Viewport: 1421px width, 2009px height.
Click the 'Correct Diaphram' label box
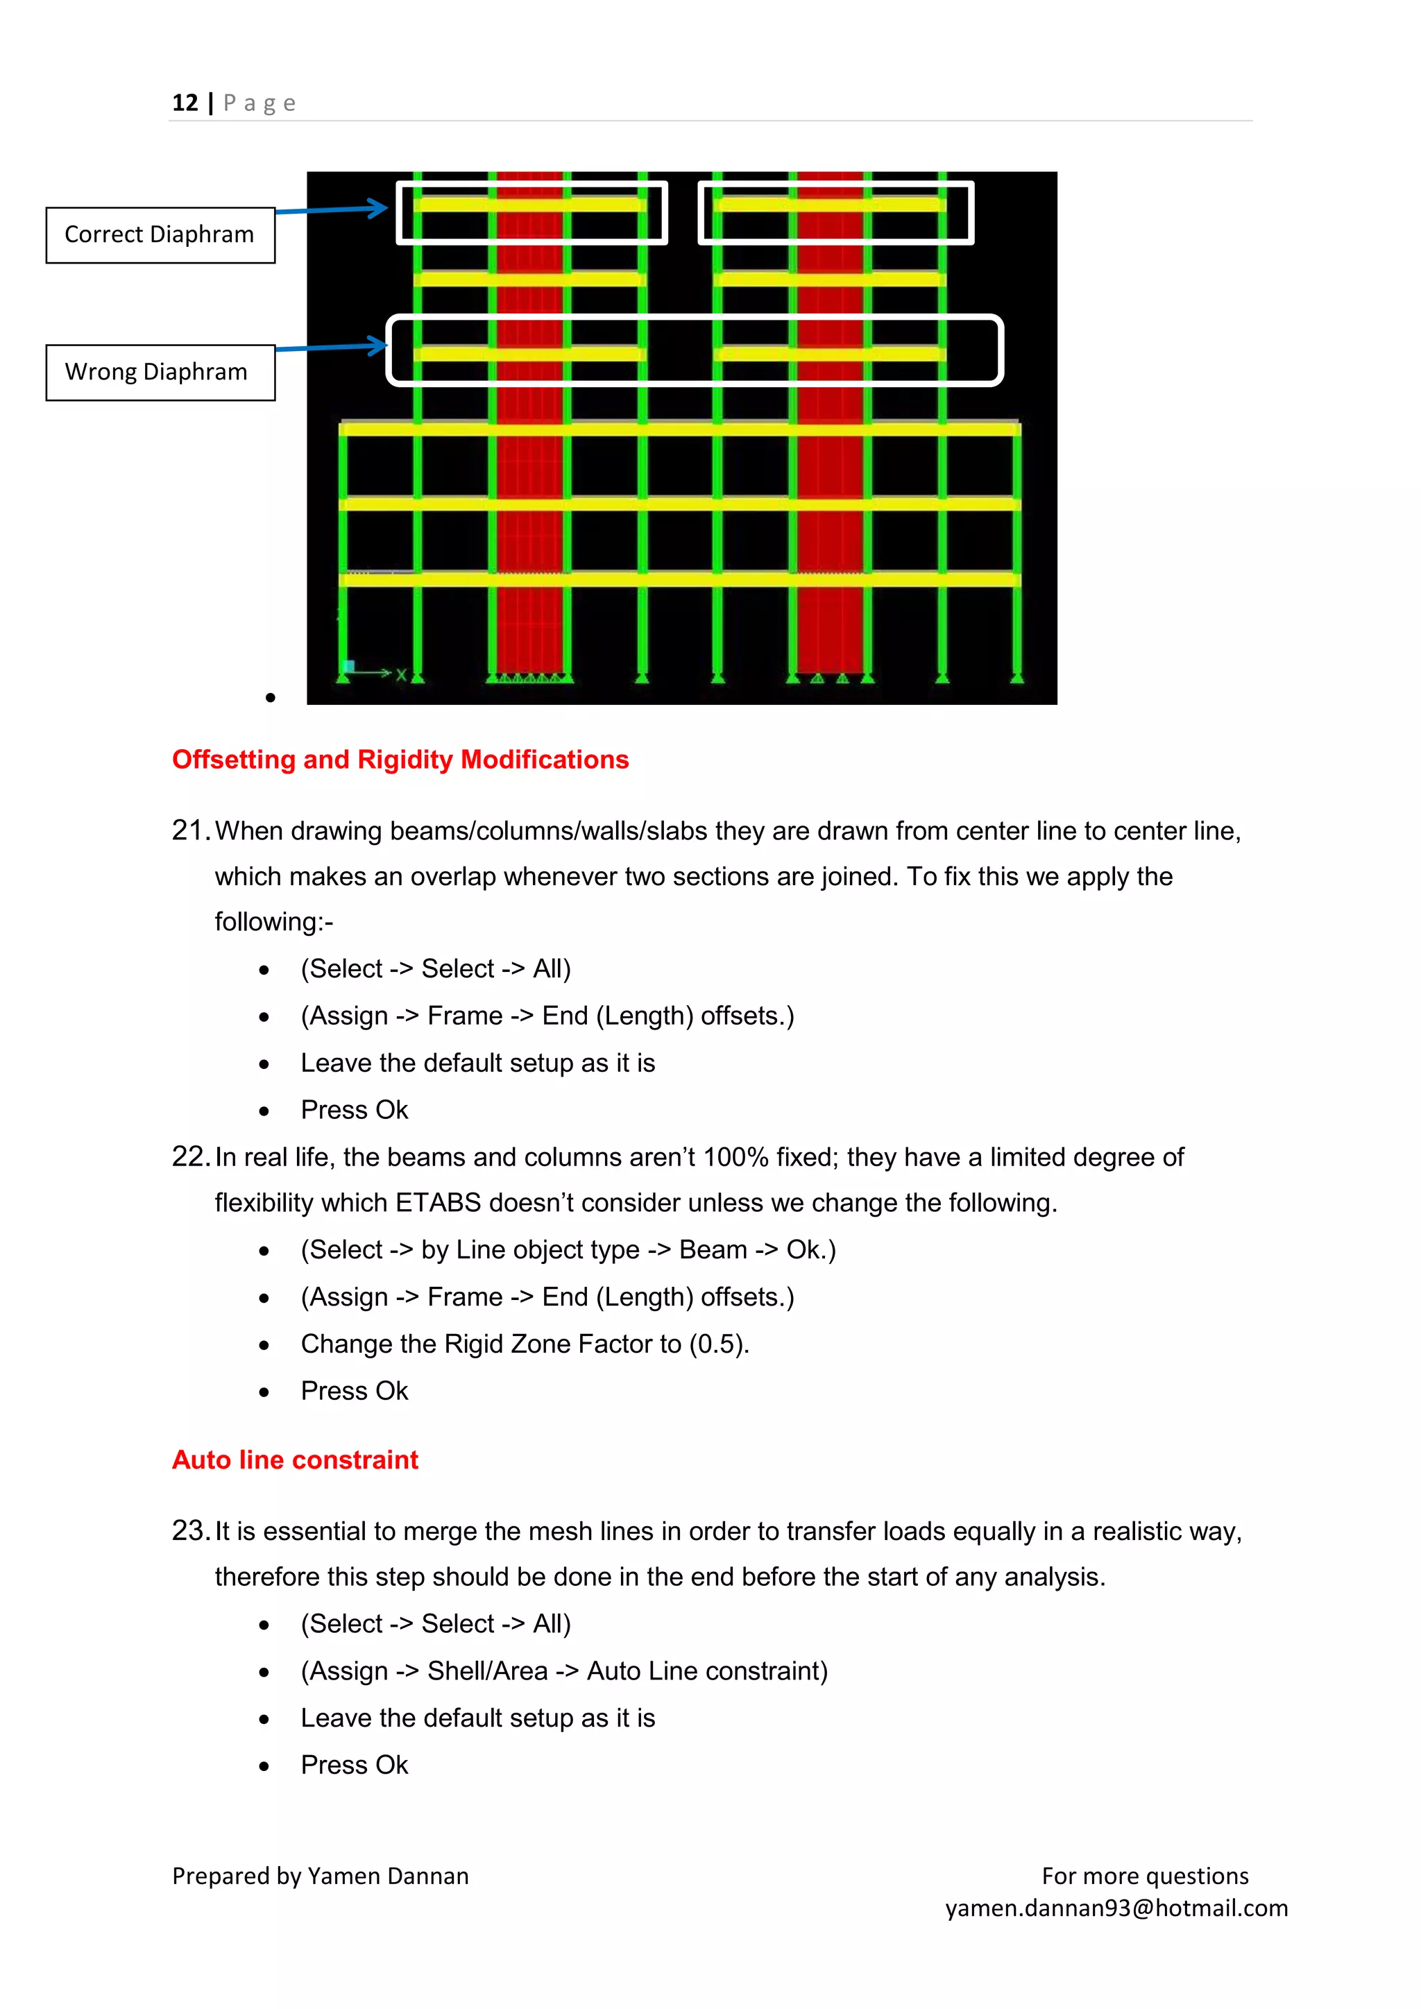tap(160, 234)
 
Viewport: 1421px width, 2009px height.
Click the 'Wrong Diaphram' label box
tap(160, 372)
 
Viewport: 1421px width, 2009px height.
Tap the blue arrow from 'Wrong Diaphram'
tap(332, 348)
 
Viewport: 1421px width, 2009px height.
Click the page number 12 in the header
tap(185, 103)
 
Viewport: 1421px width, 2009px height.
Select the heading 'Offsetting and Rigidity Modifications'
tap(400, 760)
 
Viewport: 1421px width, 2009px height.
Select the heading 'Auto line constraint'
tap(295, 1460)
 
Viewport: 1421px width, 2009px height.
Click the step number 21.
tap(188, 830)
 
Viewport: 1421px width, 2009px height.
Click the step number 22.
tap(188, 1156)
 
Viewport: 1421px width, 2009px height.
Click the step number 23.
tap(188, 1530)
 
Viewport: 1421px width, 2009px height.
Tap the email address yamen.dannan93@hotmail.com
tap(1116, 1908)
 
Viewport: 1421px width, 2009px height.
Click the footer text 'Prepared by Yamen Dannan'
tap(321, 1876)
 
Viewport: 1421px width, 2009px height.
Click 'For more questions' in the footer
tap(1144, 1876)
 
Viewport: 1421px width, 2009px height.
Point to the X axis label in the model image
tap(401, 674)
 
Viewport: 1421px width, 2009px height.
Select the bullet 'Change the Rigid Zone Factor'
tap(525, 1344)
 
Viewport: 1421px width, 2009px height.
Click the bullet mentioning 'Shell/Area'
tap(563, 1671)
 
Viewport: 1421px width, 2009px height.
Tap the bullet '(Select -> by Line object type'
tap(568, 1250)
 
